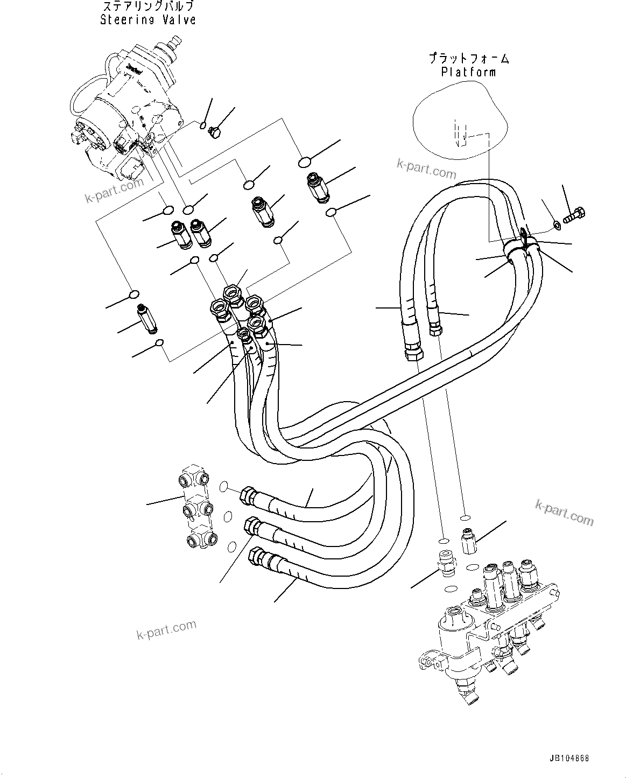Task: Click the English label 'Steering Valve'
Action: click(x=147, y=20)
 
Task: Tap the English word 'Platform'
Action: click(x=468, y=72)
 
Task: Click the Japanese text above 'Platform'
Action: click(x=468, y=58)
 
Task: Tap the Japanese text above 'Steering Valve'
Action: click(x=147, y=7)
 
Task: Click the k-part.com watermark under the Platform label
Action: click(x=426, y=170)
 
